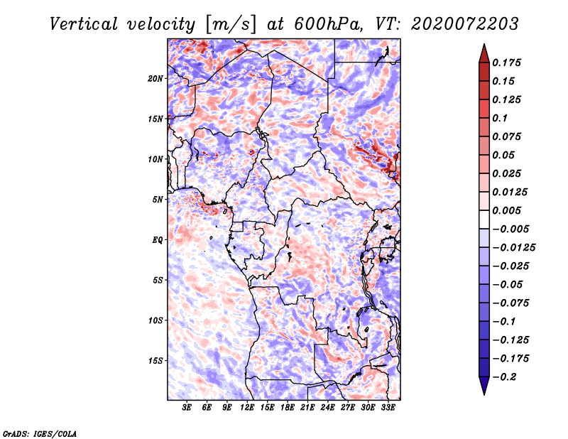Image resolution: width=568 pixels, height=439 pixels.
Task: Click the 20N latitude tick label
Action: point(155,79)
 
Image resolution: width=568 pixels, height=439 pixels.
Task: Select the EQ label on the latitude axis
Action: point(158,240)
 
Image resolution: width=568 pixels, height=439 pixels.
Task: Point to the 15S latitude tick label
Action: point(155,361)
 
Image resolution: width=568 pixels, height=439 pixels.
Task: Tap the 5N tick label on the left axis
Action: point(158,200)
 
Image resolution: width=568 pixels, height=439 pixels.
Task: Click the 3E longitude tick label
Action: point(187,407)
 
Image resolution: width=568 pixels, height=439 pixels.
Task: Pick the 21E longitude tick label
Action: point(307,407)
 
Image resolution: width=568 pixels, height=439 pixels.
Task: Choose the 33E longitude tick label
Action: point(388,407)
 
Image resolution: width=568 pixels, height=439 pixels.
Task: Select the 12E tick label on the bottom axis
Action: point(247,407)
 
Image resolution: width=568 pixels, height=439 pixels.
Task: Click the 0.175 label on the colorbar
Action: point(507,63)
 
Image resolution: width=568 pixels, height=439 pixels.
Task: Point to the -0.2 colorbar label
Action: point(504,377)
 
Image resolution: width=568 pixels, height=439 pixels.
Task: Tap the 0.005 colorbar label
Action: point(507,210)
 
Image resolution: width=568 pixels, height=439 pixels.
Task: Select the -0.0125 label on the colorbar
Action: point(513,248)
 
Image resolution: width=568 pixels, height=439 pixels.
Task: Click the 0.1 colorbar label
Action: point(501,118)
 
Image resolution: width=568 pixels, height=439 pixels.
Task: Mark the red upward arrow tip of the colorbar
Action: point(484,44)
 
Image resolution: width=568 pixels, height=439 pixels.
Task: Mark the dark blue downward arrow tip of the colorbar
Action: point(484,394)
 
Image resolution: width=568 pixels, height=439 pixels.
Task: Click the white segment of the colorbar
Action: point(484,220)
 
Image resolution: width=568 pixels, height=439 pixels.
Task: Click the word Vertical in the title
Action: point(84,24)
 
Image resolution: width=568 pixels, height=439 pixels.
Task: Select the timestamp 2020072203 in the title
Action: point(465,24)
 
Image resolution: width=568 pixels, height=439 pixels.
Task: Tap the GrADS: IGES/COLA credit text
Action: point(40,433)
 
